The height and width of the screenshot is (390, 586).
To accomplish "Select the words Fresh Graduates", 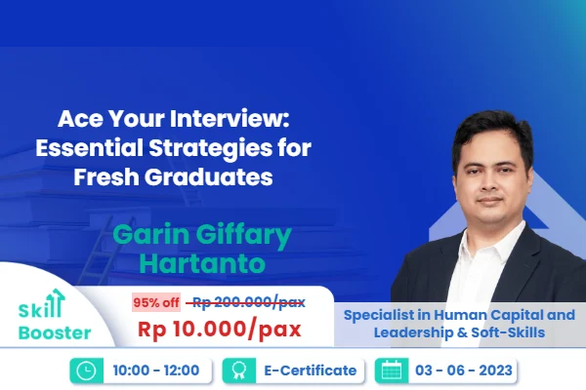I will [x=189, y=179].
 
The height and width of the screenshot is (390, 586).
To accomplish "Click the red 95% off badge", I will [x=156, y=302].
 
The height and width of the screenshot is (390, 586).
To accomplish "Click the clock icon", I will [x=85, y=370].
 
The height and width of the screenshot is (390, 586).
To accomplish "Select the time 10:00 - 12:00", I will [x=157, y=370].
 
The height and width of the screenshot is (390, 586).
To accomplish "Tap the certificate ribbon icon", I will [x=233, y=370].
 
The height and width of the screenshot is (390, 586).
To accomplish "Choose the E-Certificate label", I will [x=304, y=370].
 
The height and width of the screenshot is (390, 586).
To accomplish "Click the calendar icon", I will [x=390, y=370].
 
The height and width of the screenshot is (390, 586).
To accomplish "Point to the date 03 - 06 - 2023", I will [x=463, y=370].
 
